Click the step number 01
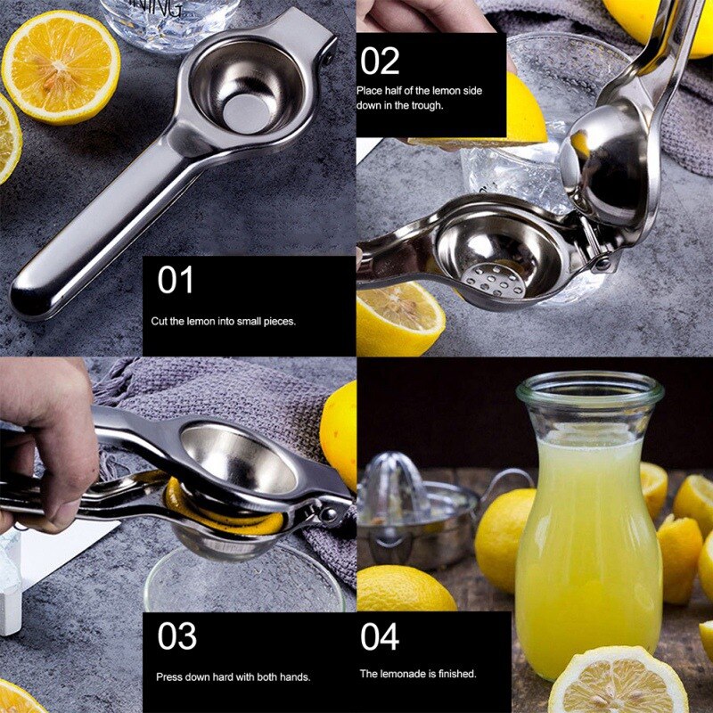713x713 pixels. coord(176,281)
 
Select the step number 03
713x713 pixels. coord(177,636)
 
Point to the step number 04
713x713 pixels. coord(380,636)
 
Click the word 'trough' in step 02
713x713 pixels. coord(428,105)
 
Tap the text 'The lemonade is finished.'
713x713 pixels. coord(418,674)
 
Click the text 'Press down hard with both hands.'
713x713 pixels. coord(234,677)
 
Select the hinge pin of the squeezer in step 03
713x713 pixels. coord(330,513)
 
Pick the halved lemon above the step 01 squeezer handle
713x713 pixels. coord(61,67)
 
